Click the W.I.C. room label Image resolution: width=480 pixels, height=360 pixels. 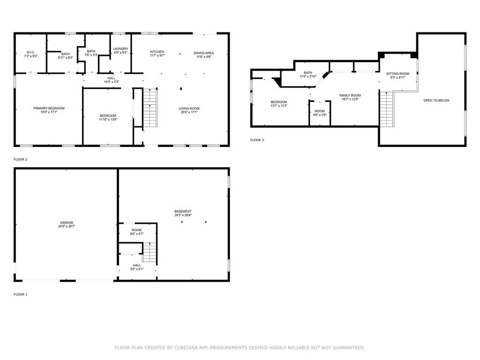click(x=31, y=53)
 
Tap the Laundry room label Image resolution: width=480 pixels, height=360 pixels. click(x=121, y=49)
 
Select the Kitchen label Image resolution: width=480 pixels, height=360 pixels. click(x=157, y=52)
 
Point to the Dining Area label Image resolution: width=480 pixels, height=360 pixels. click(x=204, y=53)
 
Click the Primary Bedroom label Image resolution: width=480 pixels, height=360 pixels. click(x=49, y=108)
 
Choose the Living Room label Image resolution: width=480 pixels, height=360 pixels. click(x=189, y=109)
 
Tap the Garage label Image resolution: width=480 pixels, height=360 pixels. click(x=67, y=223)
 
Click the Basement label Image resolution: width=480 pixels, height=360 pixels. click(x=183, y=212)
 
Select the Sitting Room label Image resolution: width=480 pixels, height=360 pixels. click(x=397, y=74)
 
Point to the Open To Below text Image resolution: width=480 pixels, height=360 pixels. click(x=436, y=100)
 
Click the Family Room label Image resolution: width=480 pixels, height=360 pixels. click(x=350, y=95)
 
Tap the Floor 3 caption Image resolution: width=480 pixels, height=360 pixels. click(x=257, y=140)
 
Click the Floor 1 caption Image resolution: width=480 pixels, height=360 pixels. click(x=21, y=294)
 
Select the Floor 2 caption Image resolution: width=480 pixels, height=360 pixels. click(x=21, y=160)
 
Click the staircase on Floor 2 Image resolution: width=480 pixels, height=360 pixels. click(x=150, y=108)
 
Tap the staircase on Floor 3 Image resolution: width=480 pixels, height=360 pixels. click(x=386, y=109)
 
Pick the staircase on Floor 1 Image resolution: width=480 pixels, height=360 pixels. click(x=150, y=252)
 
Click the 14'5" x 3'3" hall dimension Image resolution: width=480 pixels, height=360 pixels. click(x=111, y=82)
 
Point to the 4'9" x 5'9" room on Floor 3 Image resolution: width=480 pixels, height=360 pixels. click(x=320, y=113)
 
